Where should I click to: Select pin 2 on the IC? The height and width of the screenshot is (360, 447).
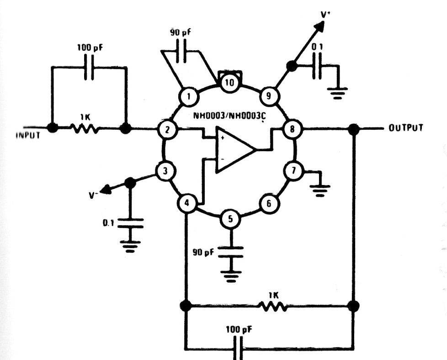click(x=168, y=130)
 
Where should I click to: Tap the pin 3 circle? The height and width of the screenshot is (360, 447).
click(x=165, y=172)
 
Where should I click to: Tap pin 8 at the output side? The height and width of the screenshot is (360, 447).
click(x=291, y=130)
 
